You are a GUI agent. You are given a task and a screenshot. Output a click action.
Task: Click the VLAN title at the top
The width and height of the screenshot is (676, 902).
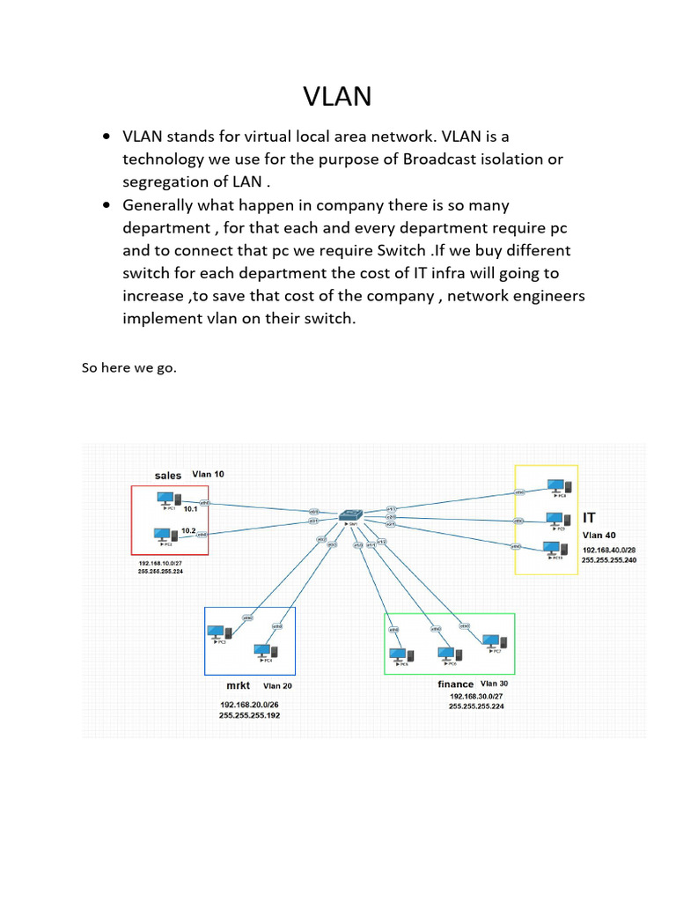[337, 96]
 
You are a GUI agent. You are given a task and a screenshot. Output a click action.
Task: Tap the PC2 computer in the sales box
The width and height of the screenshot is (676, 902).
[162, 535]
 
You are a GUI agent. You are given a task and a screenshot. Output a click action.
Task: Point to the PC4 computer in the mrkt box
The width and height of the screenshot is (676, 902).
[261, 652]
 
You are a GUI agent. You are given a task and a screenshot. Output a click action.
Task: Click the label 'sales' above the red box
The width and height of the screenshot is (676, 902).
[168, 475]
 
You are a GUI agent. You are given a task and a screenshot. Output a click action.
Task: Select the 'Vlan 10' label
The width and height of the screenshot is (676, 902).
[208, 474]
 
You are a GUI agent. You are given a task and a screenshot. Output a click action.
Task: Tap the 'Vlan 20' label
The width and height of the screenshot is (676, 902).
[277, 685]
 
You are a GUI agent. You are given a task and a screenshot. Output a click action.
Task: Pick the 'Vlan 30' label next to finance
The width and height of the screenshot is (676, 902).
[494, 684]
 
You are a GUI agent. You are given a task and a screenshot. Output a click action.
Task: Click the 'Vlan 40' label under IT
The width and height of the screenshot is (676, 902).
[599, 534]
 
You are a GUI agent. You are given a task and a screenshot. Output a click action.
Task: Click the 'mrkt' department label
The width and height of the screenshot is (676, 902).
[239, 684]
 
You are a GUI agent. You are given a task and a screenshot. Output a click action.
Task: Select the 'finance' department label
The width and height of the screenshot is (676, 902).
[456, 684]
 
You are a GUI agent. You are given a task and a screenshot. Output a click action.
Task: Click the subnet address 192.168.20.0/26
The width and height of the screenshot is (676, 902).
[250, 705]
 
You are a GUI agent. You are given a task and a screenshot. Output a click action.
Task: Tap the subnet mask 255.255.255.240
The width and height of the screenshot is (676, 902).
[609, 559]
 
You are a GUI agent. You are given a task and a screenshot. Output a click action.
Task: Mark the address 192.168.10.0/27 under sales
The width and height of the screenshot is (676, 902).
[160, 561]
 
